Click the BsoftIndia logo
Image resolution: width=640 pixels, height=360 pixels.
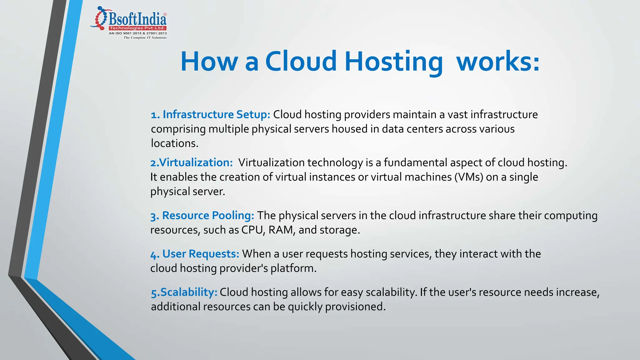tap(129, 22)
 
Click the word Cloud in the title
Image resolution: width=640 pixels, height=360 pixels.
tap(301, 61)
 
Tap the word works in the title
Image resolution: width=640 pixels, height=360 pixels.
tap(497, 61)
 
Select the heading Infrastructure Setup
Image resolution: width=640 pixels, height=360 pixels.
tap(216, 115)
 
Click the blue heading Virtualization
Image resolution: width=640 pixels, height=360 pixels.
tap(196, 162)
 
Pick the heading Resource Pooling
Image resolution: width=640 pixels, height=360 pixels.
tap(208, 215)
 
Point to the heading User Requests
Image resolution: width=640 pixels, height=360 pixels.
tap(201, 254)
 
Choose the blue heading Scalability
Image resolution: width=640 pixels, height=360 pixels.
tap(188, 292)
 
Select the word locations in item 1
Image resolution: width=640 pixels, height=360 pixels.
tap(174, 143)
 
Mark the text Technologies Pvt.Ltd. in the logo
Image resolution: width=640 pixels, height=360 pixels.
tap(137, 28)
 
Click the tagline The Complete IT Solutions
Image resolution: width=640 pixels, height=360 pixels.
tap(145, 37)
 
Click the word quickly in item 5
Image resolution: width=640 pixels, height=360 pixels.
tap(305, 307)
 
